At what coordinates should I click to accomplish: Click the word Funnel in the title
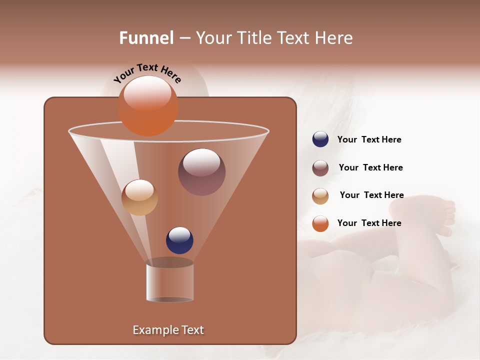pos(146,38)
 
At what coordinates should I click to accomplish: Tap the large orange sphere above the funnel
pos(147,105)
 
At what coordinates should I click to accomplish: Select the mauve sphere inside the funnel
pos(201,172)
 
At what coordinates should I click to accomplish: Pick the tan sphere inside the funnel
pos(139,197)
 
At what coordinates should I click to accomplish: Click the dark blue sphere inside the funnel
pos(179,240)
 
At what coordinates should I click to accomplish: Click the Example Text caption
pos(168,330)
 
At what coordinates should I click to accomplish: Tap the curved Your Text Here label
pos(147,73)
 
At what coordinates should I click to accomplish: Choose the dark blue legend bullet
pos(320,139)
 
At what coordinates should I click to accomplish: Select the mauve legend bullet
pos(320,168)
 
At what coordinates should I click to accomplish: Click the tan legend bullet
pos(320,196)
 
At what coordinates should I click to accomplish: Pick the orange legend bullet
pos(320,223)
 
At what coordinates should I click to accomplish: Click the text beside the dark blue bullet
pos(369,140)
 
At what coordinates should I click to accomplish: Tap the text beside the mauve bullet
pos(370,168)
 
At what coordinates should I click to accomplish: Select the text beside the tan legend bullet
pos(371,195)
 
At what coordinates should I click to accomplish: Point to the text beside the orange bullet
pos(369,223)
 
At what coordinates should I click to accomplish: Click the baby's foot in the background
pos(440,215)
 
